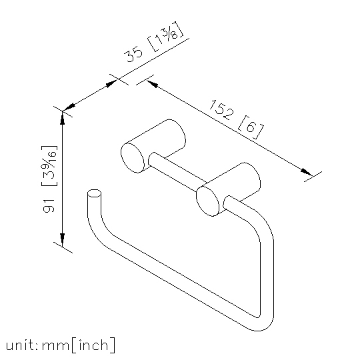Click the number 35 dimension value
click(133, 54)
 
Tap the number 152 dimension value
click(221, 110)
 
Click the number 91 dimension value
click(49, 206)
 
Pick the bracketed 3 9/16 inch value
click(49, 166)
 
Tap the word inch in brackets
click(93, 345)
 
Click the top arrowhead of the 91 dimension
click(62, 118)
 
